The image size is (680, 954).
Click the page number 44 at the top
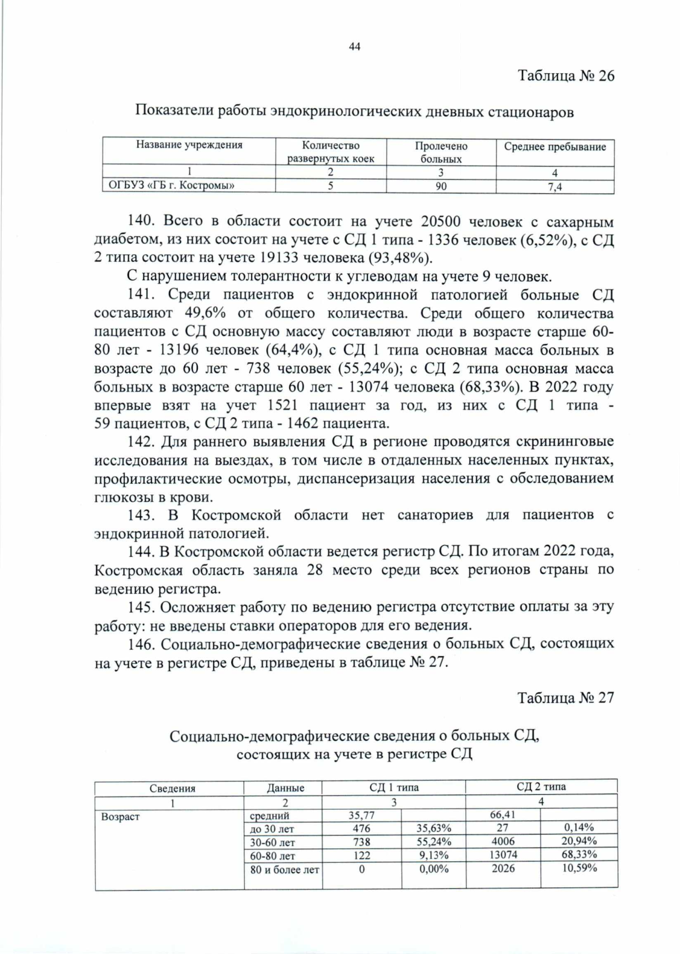(355, 46)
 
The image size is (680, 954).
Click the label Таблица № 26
(566, 76)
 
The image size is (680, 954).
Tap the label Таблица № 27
(566, 697)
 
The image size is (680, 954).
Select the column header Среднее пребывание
(555, 147)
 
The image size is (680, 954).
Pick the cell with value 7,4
(555, 187)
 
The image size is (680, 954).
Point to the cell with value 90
(441, 186)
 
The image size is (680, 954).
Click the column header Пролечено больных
(441, 152)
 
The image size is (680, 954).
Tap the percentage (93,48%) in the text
(400, 258)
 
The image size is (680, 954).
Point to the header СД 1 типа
(394, 787)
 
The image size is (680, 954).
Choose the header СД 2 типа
(541, 786)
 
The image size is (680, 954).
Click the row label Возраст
(120, 817)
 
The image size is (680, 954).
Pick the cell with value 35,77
(362, 815)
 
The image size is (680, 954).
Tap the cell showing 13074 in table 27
(503, 854)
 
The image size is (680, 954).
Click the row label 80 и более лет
(284, 869)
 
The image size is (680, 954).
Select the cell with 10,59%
(579, 868)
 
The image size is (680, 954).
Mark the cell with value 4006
(503, 841)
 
